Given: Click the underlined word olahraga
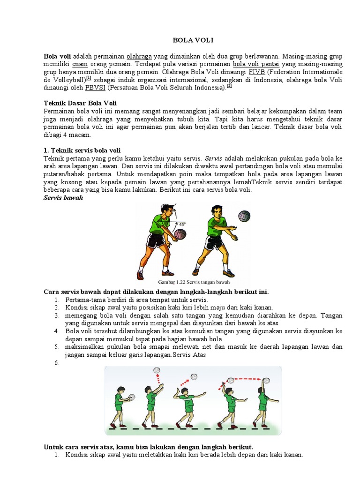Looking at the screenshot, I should (x=139, y=55).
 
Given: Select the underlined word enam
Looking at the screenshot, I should (x=80, y=63).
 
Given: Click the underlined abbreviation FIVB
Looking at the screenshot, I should (x=257, y=72).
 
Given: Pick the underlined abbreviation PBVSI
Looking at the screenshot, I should (x=95, y=87).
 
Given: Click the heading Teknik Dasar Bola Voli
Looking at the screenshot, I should (x=80, y=103).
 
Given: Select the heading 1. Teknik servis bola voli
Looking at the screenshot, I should (x=82, y=150).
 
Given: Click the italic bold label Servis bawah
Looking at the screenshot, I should (x=63, y=198).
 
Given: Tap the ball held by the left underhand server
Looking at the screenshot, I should (x=180, y=234).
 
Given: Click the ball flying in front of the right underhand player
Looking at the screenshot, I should (x=244, y=216).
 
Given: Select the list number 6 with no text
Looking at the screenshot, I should (x=56, y=362).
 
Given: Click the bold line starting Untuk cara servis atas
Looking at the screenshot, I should (x=150, y=447).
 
